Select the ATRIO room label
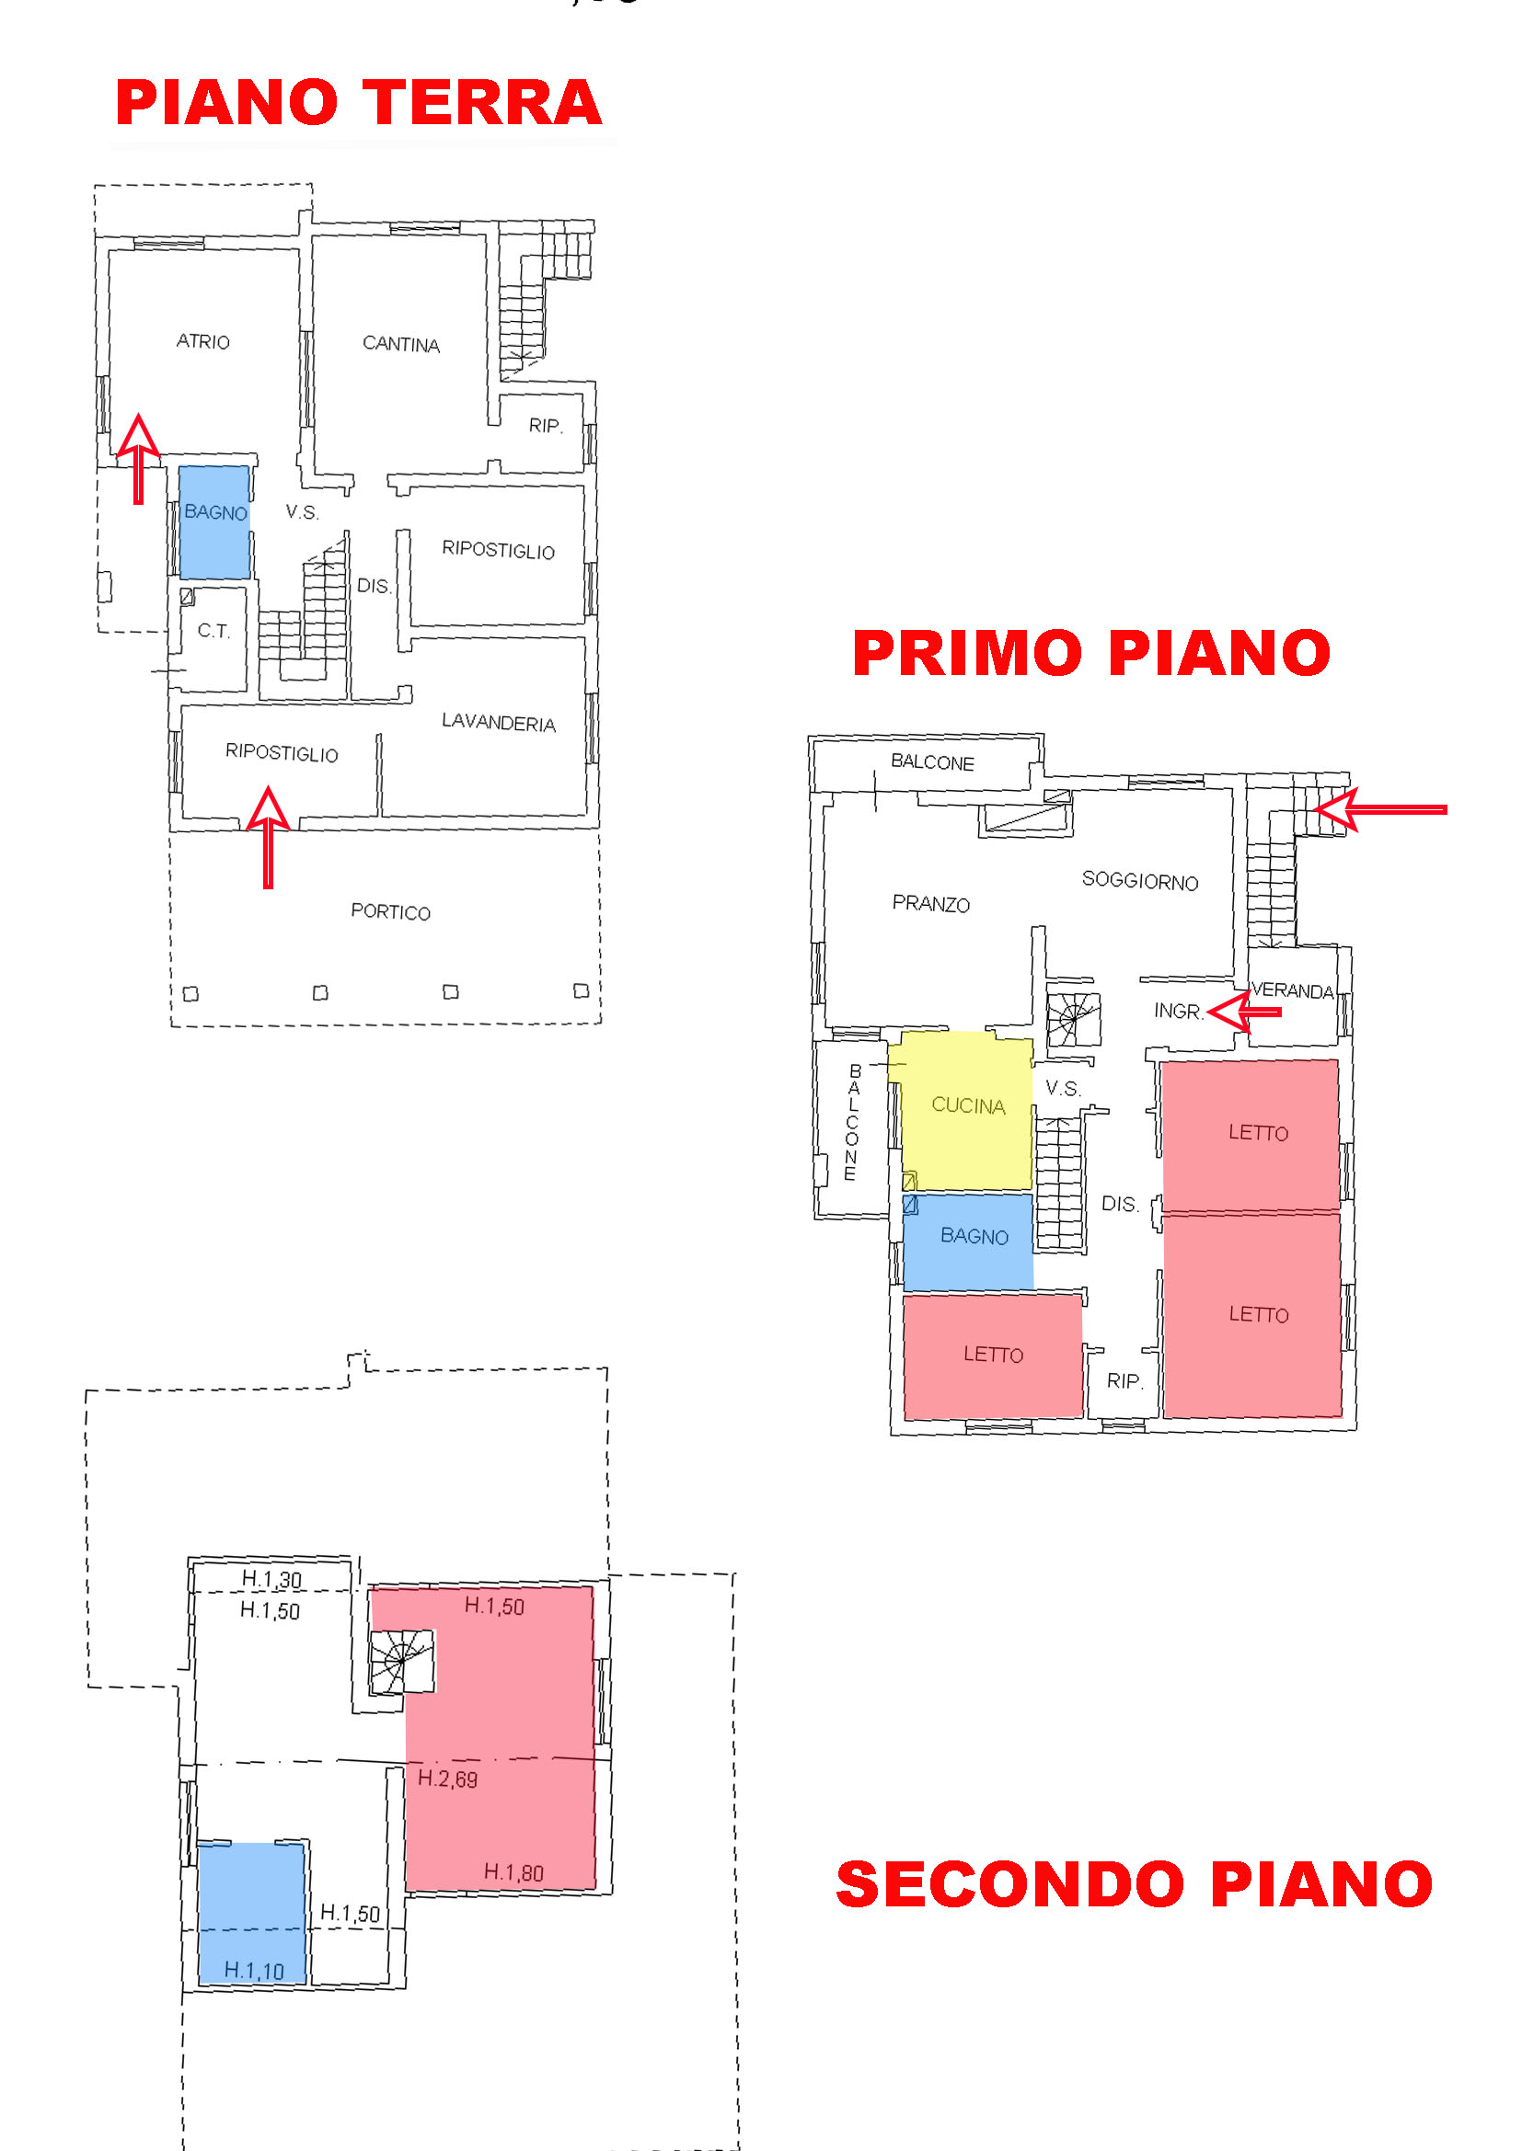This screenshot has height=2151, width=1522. coord(202,341)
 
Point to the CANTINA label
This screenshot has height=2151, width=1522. coord(401,344)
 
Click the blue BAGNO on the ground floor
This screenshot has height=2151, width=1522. coord(214,521)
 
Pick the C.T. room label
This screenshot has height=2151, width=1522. coord(213,631)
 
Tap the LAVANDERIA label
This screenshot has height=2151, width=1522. coord(499,722)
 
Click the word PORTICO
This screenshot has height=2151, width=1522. coord(391,911)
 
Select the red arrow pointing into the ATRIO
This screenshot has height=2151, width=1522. coord(138,458)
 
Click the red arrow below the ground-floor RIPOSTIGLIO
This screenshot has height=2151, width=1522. coord(268,837)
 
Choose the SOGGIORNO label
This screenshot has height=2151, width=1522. coord(1139,881)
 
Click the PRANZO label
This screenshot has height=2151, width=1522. coord(930,903)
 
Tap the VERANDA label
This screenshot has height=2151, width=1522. coord(1292,990)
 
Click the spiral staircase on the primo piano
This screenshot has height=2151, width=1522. coord(1073,1018)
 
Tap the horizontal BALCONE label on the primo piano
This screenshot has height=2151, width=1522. coord(932,761)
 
